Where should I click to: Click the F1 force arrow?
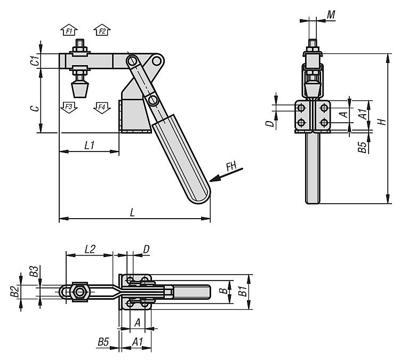pyautogui.click(x=69, y=30)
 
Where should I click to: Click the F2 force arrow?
pyautogui.click(x=102, y=30)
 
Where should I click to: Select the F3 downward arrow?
pyautogui.click(x=69, y=107)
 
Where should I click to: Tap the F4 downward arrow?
pyautogui.click(x=102, y=107)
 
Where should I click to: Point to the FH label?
pyautogui.click(x=231, y=166)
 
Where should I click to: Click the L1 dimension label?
pyautogui.click(x=90, y=145)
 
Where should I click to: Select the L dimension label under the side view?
pyautogui.click(x=132, y=212)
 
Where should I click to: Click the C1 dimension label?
pyautogui.click(x=36, y=61)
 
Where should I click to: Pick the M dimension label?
pyautogui.click(x=331, y=15)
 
